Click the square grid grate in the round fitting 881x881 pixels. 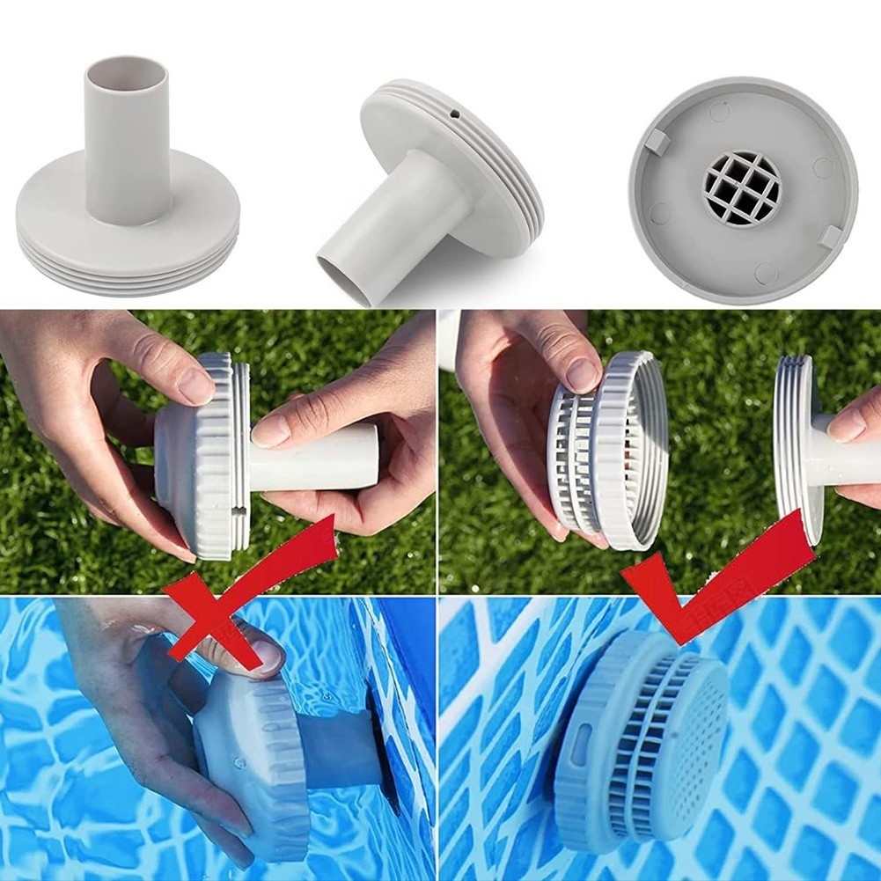pyautogui.click(x=742, y=187)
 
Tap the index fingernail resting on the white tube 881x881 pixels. pyautogui.click(x=270, y=431)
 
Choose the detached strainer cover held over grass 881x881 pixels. pyautogui.click(x=607, y=449)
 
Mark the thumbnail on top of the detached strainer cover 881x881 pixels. pyautogui.click(x=582, y=375)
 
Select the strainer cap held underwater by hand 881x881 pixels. pyautogui.click(x=251, y=757)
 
